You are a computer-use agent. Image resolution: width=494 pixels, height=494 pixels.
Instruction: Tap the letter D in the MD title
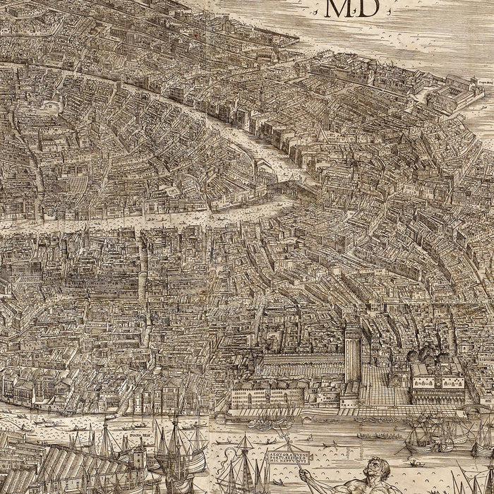[368, 8]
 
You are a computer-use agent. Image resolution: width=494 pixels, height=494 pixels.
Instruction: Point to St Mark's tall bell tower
[352, 353]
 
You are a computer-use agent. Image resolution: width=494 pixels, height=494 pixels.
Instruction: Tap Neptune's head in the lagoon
[377, 468]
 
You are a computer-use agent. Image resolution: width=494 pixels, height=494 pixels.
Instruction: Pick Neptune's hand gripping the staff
[308, 475]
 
